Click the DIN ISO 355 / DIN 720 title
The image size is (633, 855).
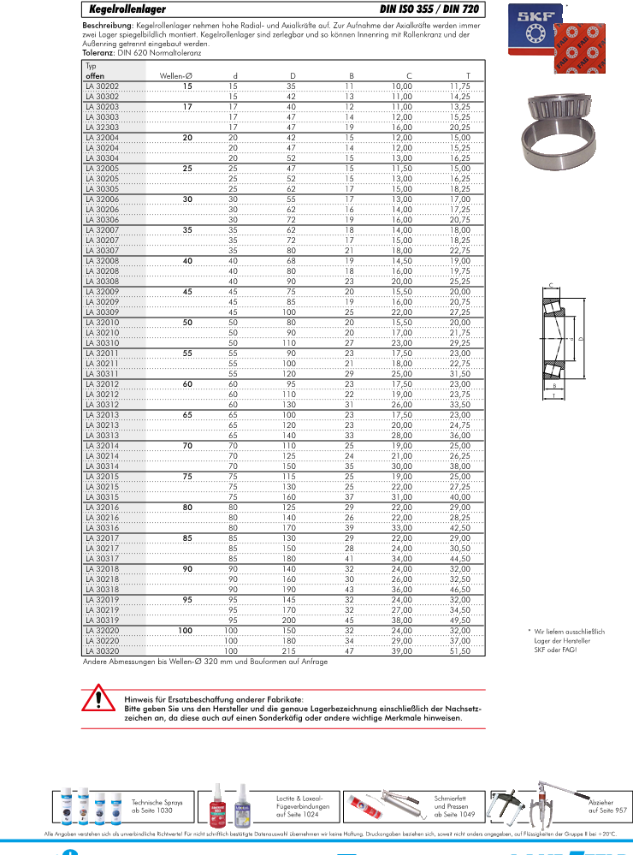click(429, 9)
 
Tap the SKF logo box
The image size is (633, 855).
click(532, 26)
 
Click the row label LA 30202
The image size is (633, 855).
click(103, 86)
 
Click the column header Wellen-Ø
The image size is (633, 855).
click(177, 76)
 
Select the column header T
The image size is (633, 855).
click(467, 76)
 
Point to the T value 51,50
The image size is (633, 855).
click(459, 651)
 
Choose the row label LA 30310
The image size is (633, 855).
click(103, 342)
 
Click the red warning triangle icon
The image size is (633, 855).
click(99, 701)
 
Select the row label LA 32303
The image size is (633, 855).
click(103, 126)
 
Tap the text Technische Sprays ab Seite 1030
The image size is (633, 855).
click(152, 806)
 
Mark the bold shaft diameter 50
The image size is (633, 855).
click(187, 323)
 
